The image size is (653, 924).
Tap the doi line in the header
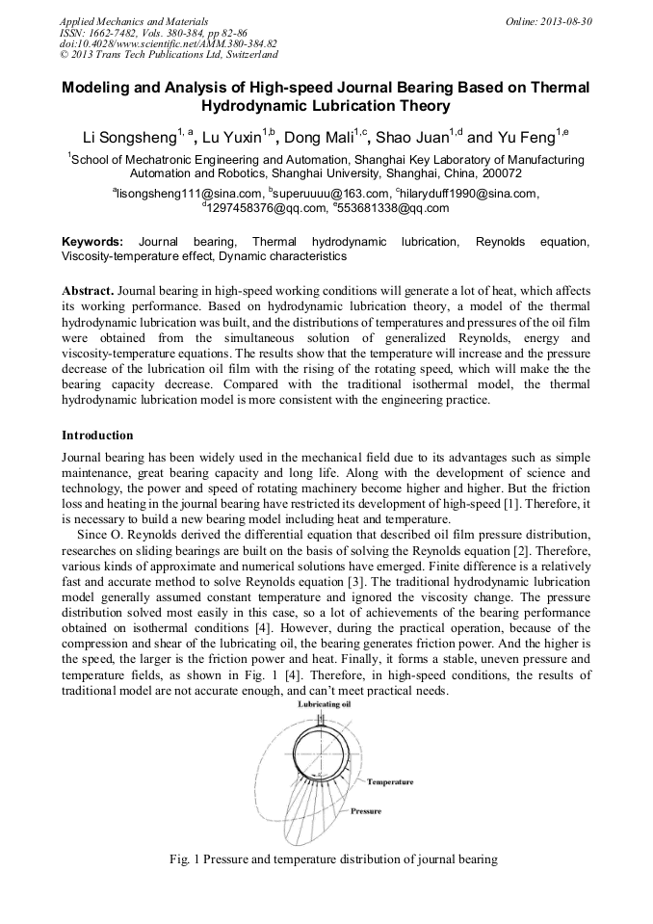click(x=169, y=43)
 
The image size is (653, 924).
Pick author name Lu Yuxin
click(x=232, y=137)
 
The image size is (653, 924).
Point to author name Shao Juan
click(x=413, y=137)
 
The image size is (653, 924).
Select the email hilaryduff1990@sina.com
click(x=467, y=194)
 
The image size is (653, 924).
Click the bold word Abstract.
click(x=88, y=290)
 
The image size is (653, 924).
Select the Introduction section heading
click(x=97, y=435)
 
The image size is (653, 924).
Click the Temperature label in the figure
click(x=389, y=781)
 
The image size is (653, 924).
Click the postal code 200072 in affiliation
click(x=500, y=174)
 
